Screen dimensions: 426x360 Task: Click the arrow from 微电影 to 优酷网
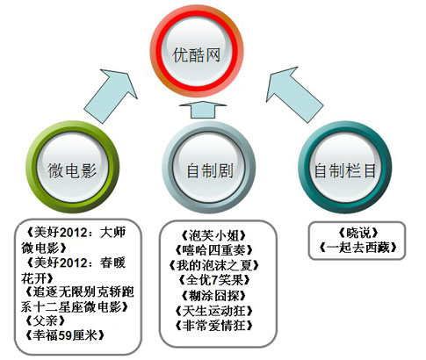click(110, 96)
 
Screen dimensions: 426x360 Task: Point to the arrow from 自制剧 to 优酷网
click(203, 110)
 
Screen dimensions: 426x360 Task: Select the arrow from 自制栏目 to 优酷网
click(294, 94)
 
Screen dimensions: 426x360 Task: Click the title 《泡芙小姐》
click(213, 235)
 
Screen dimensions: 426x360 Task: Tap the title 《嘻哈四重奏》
click(213, 250)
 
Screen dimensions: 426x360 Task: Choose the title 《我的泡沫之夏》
click(213, 265)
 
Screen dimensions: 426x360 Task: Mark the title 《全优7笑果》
click(213, 280)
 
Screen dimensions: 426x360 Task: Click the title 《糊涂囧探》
click(213, 296)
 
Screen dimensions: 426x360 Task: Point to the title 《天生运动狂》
click(213, 311)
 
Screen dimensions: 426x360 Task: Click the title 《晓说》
click(357, 233)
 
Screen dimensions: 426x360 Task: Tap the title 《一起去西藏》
click(357, 248)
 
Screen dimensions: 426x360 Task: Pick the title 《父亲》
click(46, 321)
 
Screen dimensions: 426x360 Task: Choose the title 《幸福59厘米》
click(65, 335)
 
